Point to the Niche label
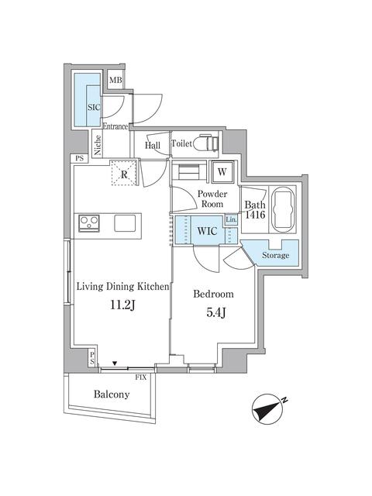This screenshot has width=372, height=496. [x=97, y=146]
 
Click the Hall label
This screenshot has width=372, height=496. [x=153, y=144]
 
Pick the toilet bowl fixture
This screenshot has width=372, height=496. [x=204, y=144]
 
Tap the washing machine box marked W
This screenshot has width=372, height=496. [x=222, y=171]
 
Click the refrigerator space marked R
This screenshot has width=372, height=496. [x=124, y=173]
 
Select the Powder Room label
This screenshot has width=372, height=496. [x=211, y=198]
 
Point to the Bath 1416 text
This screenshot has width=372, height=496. [x=255, y=210]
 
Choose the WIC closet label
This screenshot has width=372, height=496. [x=206, y=230]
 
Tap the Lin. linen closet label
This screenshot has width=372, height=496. [x=232, y=221]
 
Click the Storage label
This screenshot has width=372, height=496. [x=275, y=255]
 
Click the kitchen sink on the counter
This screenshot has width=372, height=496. [x=126, y=223]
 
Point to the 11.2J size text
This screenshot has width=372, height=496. [x=122, y=305]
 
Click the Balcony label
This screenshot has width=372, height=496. [x=112, y=394]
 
